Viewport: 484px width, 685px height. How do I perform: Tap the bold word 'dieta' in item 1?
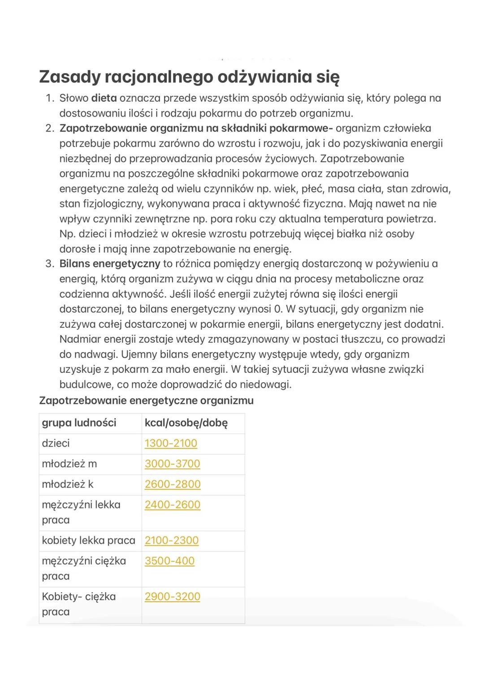(x=104, y=98)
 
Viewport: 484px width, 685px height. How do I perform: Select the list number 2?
(x=50, y=128)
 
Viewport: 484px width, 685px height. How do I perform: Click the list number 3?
(x=50, y=264)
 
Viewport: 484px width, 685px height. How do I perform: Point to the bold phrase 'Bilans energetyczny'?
(x=110, y=264)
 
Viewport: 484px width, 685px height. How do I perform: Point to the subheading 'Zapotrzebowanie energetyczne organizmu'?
(x=146, y=400)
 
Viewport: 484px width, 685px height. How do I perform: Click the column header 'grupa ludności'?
(x=79, y=423)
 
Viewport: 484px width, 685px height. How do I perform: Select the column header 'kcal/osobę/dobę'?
(x=186, y=423)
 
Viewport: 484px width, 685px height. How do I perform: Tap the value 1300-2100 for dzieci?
(x=171, y=443)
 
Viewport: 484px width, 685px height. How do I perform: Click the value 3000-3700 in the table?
(x=172, y=463)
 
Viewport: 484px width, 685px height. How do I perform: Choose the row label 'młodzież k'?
(x=68, y=484)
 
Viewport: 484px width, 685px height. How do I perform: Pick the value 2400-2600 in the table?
(x=172, y=505)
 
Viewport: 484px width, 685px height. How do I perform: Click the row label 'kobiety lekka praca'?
(x=88, y=541)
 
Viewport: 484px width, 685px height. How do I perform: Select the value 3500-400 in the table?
(x=169, y=561)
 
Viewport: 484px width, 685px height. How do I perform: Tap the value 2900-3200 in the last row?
(x=172, y=597)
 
